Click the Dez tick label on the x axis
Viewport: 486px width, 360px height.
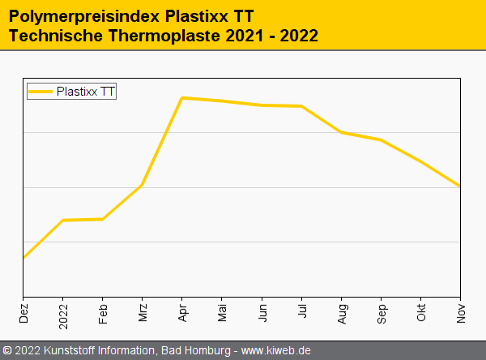23,313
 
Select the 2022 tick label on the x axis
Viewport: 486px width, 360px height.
63,313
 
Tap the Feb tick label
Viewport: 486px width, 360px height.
103,313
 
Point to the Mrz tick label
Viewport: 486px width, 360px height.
143,313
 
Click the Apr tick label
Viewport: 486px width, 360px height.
182,313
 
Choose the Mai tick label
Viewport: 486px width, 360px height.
222,313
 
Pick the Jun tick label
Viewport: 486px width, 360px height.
262,313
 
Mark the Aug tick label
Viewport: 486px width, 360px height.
341,313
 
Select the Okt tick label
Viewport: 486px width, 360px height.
420,313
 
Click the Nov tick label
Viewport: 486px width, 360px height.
460,313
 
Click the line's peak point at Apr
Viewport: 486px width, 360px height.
182,98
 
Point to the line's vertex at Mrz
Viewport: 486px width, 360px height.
143,185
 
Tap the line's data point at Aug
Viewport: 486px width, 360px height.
341,132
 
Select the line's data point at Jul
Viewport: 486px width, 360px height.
301,106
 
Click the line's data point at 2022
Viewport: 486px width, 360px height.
63,220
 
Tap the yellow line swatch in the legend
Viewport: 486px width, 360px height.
41,92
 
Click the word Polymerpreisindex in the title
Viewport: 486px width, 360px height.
81,15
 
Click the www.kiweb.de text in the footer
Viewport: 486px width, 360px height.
276,350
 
